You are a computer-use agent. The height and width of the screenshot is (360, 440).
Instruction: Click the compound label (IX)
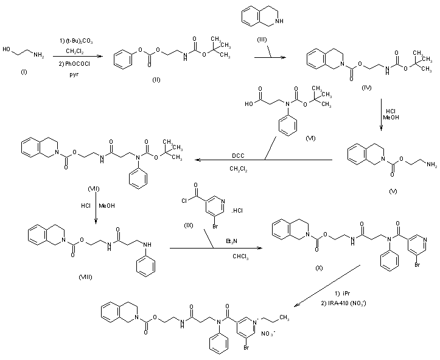[x=189, y=225]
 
